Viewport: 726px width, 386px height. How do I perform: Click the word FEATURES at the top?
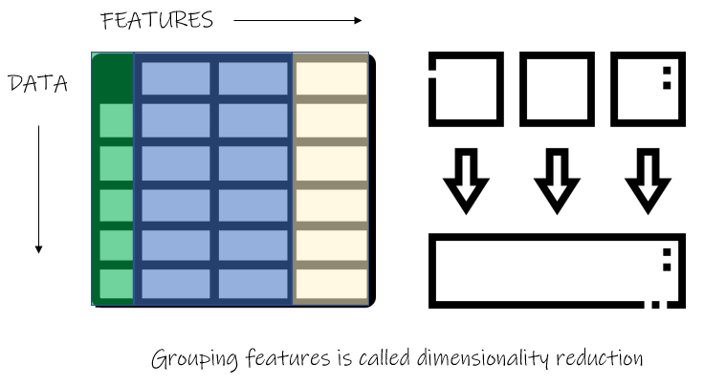(x=157, y=21)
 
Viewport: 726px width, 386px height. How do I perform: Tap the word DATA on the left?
(x=38, y=84)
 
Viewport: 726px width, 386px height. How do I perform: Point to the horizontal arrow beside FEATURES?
(x=297, y=20)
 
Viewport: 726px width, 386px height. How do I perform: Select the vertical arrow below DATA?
(x=39, y=189)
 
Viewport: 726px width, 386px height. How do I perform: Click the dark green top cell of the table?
(x=114, y=78)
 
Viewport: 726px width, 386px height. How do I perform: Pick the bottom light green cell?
(x=116, y=284)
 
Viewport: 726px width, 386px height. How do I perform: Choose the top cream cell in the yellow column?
(x=331, y=78)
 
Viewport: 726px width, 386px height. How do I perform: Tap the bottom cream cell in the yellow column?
(x=331, y=284)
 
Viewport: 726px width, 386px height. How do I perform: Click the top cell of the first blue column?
(x=175, y=78)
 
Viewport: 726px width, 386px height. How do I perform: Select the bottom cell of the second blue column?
(x=253, y=284)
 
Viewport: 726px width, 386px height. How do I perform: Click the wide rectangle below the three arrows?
(x=557, y=237)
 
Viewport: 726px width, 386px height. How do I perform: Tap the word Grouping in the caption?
(x=194, y=359)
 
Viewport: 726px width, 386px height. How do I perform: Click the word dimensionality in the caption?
(x=482, y=358)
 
